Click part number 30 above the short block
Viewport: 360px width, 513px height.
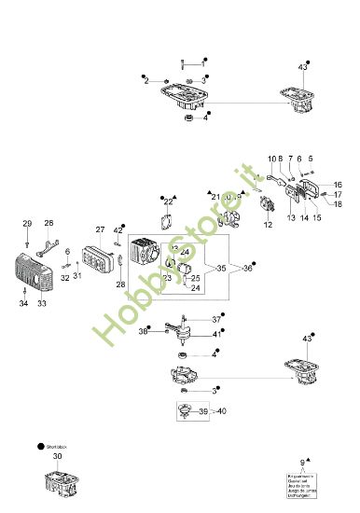pyautogui.click(x=57, y=457)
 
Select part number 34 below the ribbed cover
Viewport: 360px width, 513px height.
pyautogui.click(x=22, y=303)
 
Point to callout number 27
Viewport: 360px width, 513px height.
pyautogui.click(x=100, y=229)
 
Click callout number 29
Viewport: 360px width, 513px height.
pyautogui.click(x=27, y=223)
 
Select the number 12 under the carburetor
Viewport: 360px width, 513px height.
pyautogui.click(x=267, y=225)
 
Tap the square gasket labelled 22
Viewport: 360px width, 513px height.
pyautogui.click(x=168, y=222)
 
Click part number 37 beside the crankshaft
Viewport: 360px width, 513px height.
pyautogui.click(x=215, y=319)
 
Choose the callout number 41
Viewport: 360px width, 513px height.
pyautogui.click(x=215, y=334)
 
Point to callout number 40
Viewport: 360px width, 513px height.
pyautogui.click(x=221, y=410)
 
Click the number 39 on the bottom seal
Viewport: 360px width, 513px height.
pyautogui.click(x=203, y=410)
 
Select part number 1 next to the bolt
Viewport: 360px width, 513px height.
pyautogui.click(x=203, y=62)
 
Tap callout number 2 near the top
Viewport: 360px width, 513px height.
pyautogui.click(x=145, y=82)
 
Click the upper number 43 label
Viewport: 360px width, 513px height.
pyautogui.click(x=301, y=67)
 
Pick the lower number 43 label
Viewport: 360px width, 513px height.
pyautogui.click(x=306, y=338)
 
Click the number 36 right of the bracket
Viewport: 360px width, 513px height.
pyautogui.click(x=247, y=269)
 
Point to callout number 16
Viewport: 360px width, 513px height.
pyautogui.click(x=338, y=185)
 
